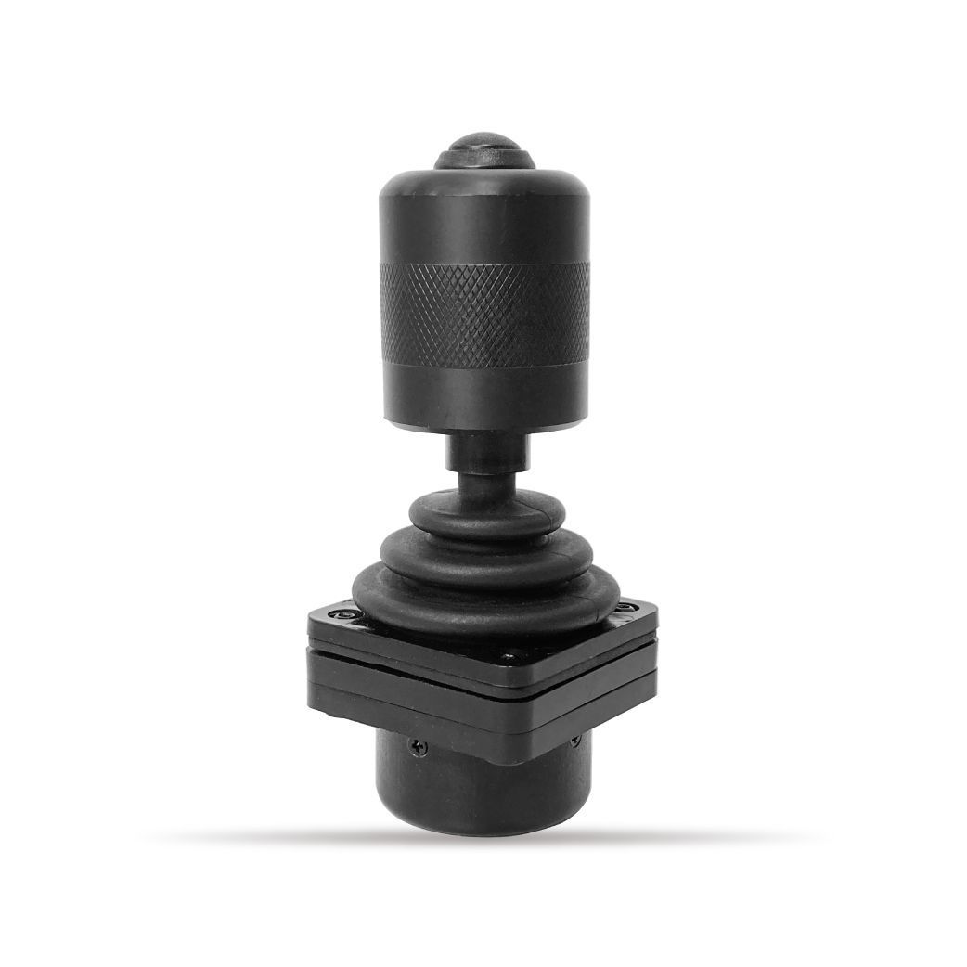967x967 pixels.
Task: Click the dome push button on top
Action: click(x=484, y=151)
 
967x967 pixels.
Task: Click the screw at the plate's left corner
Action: click(x=344, y=615)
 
